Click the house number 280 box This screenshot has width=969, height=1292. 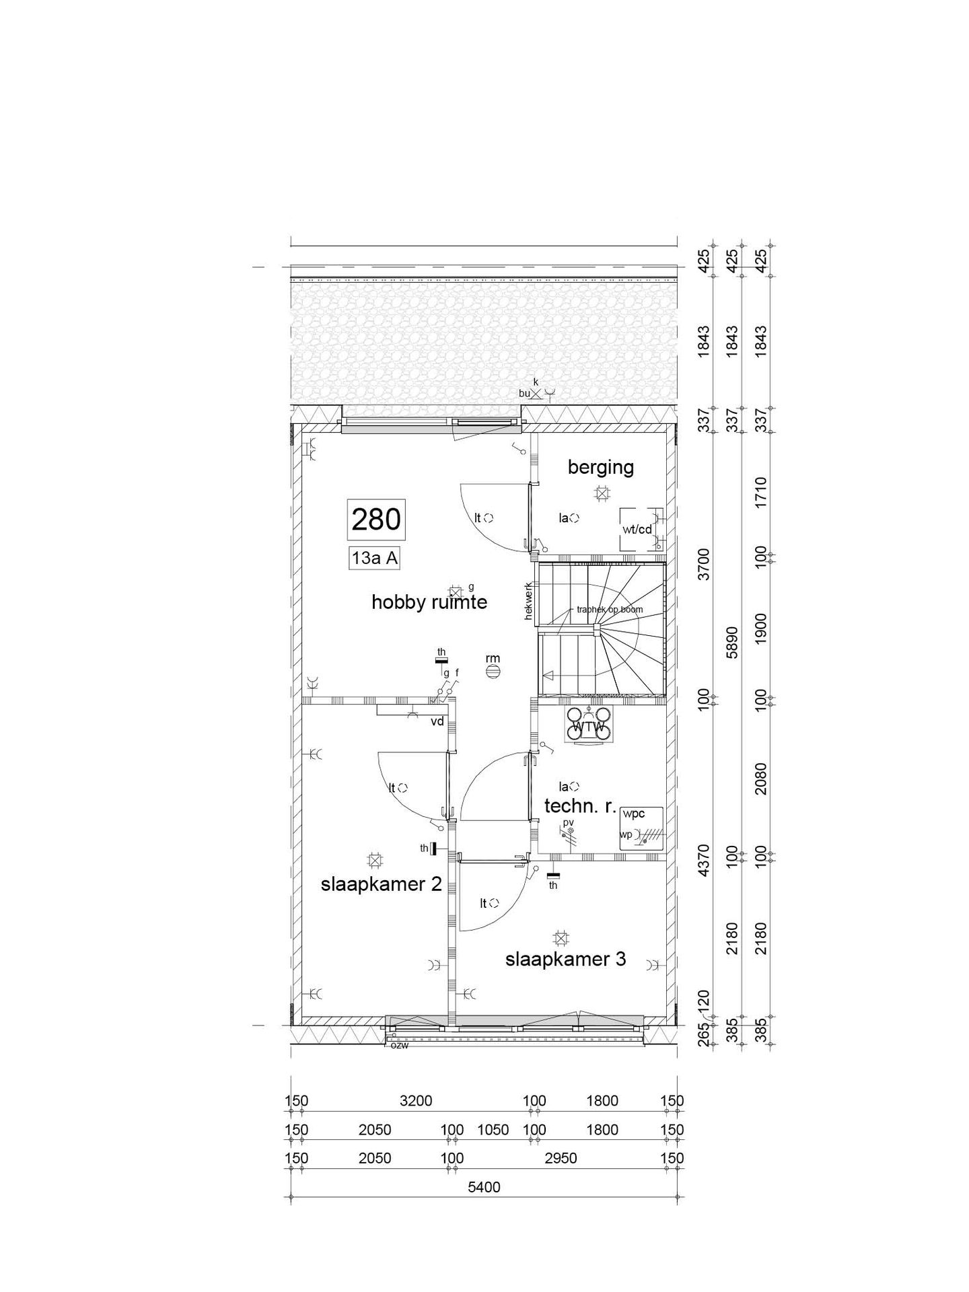376,519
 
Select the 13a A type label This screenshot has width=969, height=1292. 374,558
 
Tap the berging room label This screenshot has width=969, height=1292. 600,467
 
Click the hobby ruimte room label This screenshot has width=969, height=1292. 429,602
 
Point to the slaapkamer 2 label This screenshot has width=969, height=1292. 381,884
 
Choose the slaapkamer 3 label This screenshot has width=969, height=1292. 565,959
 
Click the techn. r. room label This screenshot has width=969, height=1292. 580,806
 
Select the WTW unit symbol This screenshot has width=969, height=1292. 589,725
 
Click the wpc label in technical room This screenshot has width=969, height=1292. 633,814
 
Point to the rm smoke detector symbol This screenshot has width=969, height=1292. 493,671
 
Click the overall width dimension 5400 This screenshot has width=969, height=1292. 484,1207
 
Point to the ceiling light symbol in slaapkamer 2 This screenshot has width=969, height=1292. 374,859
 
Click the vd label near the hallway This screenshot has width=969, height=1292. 437,721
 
